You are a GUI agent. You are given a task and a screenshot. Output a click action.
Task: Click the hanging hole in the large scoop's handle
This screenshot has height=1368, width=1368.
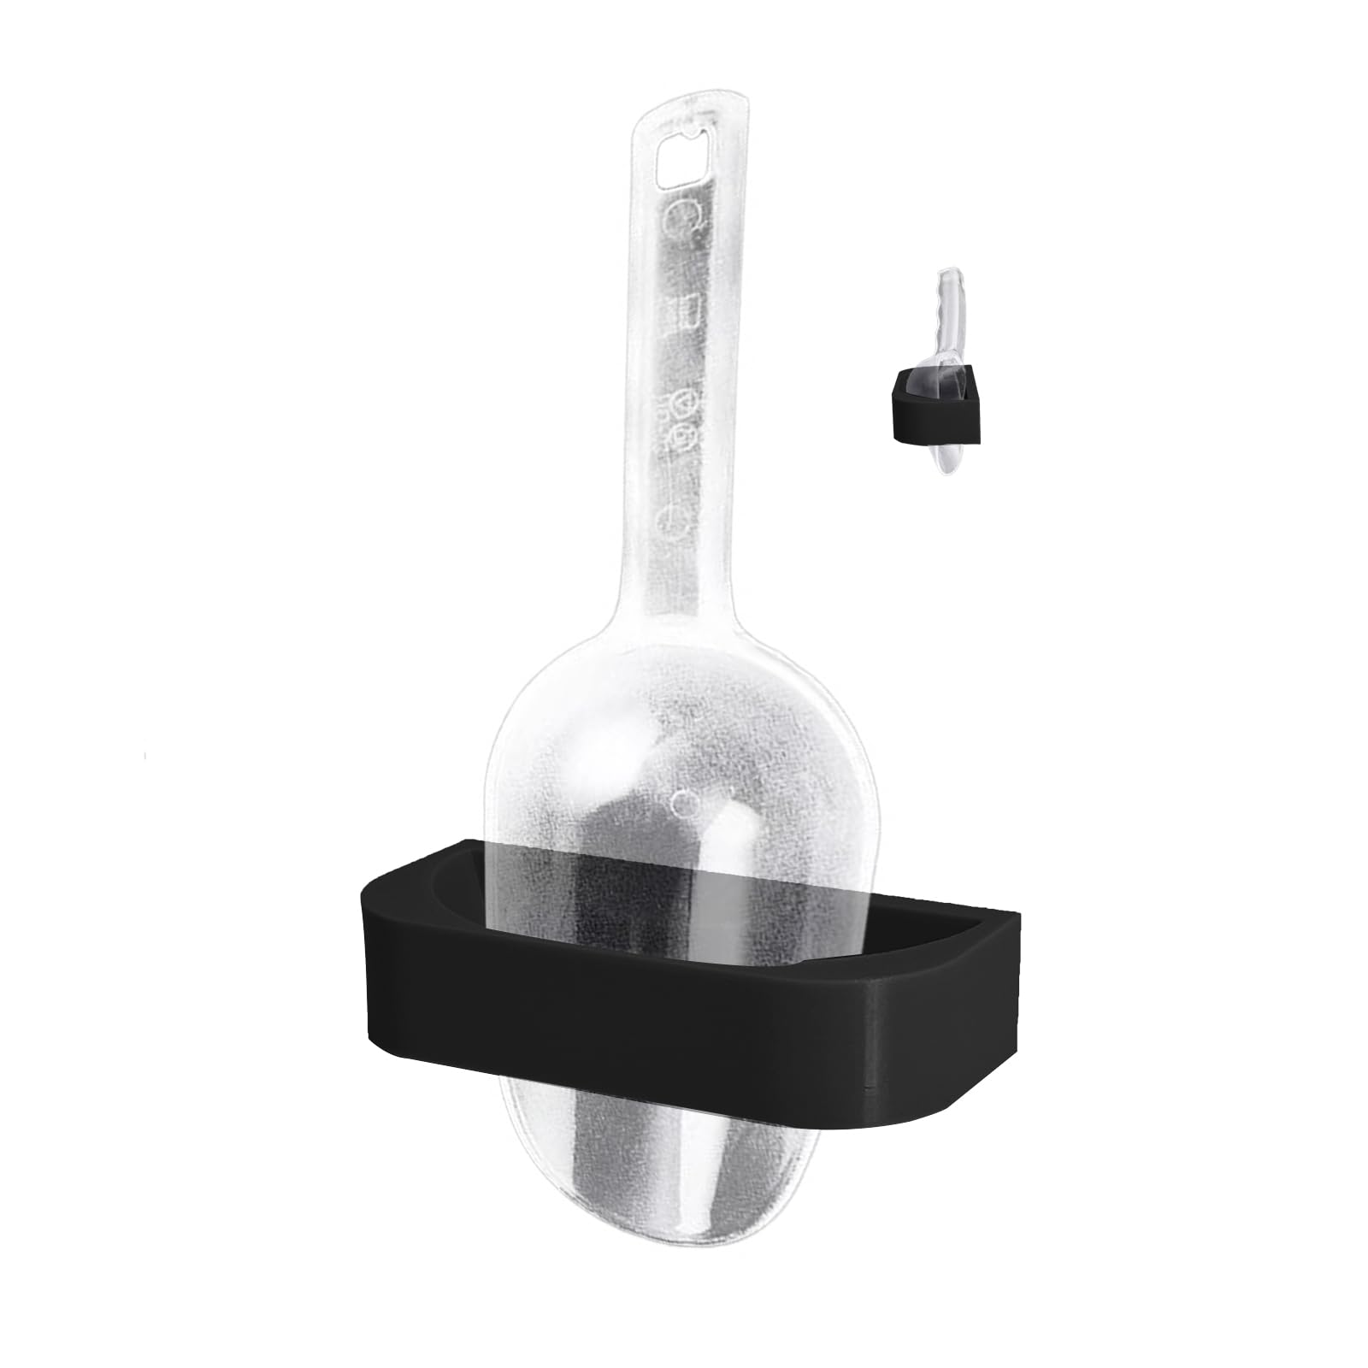[684, 157]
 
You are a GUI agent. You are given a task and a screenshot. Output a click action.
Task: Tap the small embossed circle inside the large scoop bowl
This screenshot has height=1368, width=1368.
[684, 801]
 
